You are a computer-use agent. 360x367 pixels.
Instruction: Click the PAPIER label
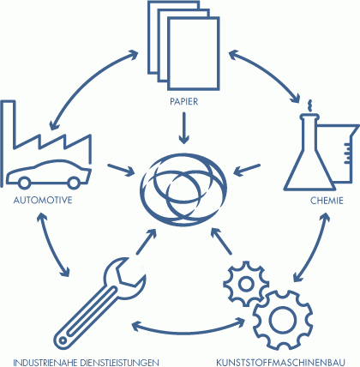[183, 101]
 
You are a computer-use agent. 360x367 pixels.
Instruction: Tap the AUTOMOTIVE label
[43, 200]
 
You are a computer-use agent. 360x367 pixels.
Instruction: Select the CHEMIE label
[327, 201]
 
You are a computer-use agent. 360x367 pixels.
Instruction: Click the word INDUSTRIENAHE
[45, 362]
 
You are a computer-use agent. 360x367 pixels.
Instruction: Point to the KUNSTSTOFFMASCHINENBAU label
[280, 362]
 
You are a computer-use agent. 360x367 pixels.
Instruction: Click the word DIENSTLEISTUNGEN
[119, 362]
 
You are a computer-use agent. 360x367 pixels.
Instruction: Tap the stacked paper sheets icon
[183, 45]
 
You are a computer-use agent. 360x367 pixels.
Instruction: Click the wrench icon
[100, 304]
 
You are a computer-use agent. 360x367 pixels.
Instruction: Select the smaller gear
[246, 284]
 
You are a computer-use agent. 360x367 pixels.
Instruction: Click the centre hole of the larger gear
[283, 320]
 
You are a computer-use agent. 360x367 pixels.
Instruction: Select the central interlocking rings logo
[183, 190]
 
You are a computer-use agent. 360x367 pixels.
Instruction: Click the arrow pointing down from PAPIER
[184, 128]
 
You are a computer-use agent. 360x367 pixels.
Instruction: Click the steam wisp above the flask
[309, 105]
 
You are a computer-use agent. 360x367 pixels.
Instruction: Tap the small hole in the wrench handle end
[63, 340]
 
